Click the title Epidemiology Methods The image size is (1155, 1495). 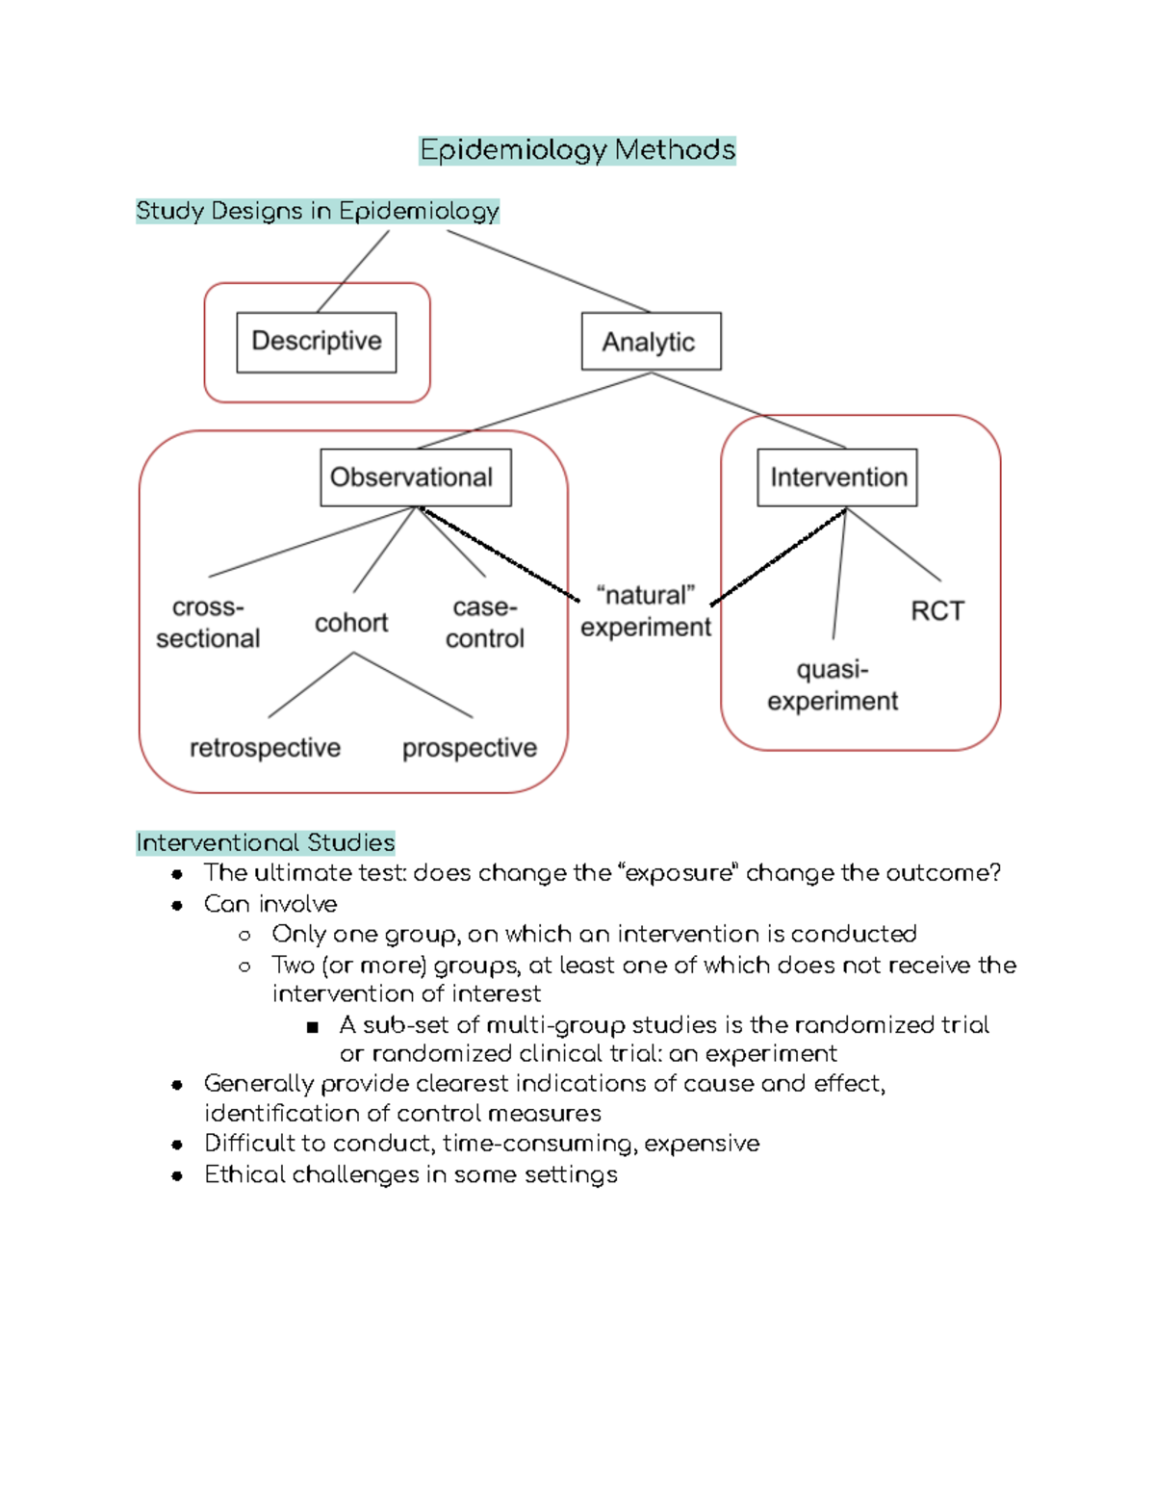[x=577, y=150]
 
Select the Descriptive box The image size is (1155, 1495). [x=317, y=342]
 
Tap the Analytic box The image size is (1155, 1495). [x=651, y=342]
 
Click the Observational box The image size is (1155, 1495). [x=415, y=477]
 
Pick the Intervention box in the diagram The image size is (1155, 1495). [x=837, y=477]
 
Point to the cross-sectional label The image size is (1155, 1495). [x=208, y=623]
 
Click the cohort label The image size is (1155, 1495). [x=351, y=623]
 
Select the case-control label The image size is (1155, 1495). [x=484, y=623]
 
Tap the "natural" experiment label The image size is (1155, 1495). [x=645, y=611]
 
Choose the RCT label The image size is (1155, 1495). [x=937, y=611]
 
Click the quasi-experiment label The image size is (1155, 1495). [x=833, y=684]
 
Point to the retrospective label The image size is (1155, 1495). [x=265, y=748]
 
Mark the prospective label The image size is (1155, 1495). [x=470, y=748]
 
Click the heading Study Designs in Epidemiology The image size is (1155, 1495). [x=317, y=211]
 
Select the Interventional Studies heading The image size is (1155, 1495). [x=266, y=842]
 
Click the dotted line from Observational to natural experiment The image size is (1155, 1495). [x=500, y=555]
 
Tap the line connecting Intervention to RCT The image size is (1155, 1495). [x=893, y=544]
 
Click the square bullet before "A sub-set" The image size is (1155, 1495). [x=312, y=1027]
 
